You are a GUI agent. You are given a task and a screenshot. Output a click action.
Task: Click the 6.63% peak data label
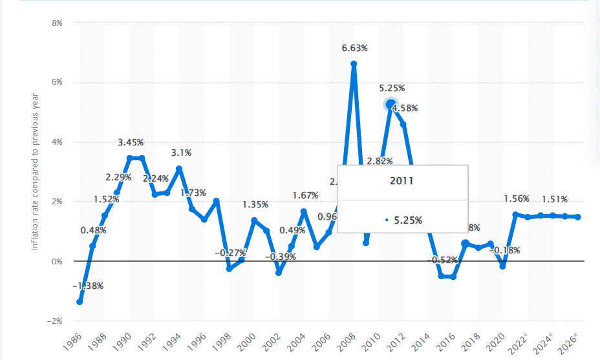tap(355, 48)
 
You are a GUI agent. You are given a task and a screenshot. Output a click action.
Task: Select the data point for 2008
tap(354, 63)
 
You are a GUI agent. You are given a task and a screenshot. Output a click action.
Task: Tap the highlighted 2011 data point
tap(391, 104)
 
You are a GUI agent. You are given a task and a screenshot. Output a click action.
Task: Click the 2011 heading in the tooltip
tap(402, 181)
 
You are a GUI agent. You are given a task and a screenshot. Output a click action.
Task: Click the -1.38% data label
tap(87, 286)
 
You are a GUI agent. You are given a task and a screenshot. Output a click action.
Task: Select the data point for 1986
tap(80, 302)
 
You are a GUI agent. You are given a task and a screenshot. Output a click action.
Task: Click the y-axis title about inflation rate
tap(36, 172)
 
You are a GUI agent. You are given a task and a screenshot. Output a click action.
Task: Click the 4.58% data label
tap(405, 109)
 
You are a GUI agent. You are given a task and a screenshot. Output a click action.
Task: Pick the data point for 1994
tap(179, 169)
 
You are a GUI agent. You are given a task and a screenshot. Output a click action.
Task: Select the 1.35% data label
tap(256, 205)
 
